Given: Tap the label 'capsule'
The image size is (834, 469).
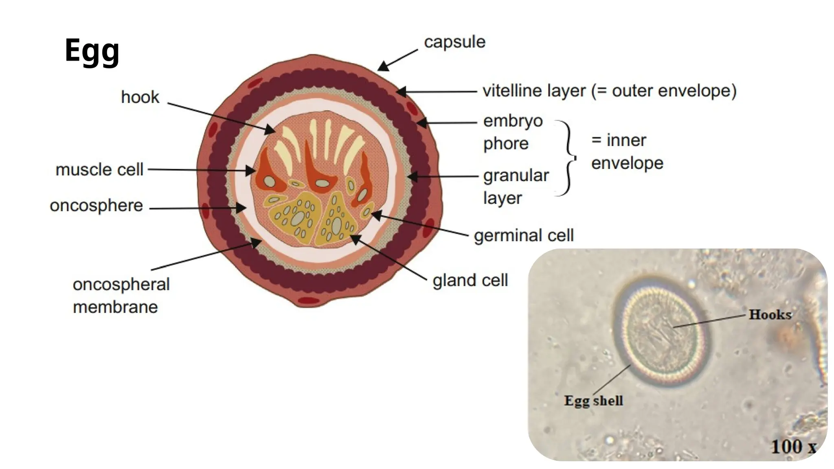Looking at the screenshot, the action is [x=454, y=42].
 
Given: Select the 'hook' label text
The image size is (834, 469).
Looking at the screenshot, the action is [x=140, y=97].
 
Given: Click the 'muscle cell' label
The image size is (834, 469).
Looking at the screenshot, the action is [x=99, y=169].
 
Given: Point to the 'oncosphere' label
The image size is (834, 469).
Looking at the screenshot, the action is [x=96, y=206].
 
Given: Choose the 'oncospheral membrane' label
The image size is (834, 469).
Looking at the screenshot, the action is [x=121, y=296].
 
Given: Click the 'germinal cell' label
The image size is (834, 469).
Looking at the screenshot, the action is [x=524, y=235].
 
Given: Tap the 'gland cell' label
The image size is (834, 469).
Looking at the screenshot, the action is [x=470, y=280].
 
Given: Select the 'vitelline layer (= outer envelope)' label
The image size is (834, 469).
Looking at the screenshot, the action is [x=609, y=91].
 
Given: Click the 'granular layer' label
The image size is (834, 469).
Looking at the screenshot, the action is [x=516, y=187].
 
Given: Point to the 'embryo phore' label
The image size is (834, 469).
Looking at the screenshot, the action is [x=513, y=132].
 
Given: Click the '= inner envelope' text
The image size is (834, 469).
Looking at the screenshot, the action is [x=627, y=151].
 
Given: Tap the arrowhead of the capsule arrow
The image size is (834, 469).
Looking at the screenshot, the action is [x=383, y=66].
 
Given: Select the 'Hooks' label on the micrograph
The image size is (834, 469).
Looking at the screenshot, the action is [x=770, y=314].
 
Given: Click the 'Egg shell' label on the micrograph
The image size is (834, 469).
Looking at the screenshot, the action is [x=593, y=401].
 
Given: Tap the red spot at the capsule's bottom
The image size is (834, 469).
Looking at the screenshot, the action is [x=308, y=301].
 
